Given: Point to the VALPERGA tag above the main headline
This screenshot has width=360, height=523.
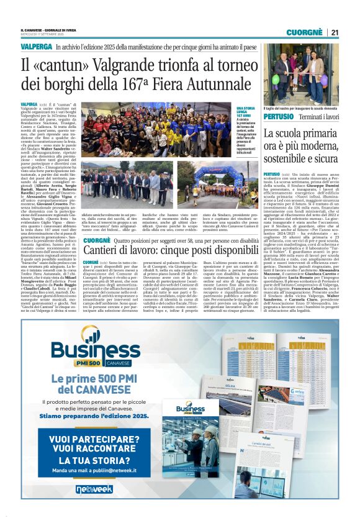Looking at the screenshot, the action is tap(36, 47).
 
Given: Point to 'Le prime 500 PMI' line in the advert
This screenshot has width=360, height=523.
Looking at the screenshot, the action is tap(95, 379).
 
